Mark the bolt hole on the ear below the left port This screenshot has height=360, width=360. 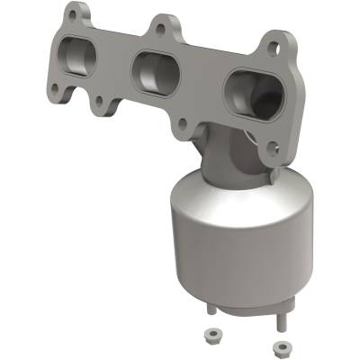pos(56,91)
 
